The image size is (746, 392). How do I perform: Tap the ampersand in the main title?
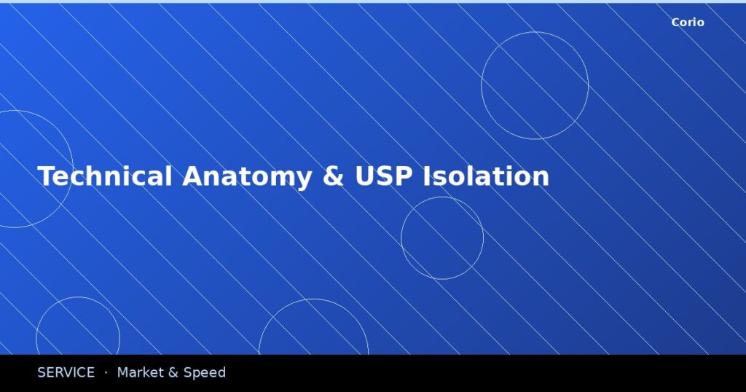[333, 177]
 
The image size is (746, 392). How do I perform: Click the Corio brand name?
[688, 23]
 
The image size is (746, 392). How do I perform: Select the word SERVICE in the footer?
[66, 373]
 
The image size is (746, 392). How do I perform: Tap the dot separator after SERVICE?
[106, 373]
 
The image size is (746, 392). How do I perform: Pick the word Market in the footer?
[141, 373]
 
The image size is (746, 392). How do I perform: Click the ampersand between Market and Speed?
[173, 373]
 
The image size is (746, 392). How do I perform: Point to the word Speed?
[204, 373]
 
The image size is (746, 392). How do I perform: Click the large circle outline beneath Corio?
[535, 33]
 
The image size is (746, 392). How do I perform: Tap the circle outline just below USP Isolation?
[442, 197]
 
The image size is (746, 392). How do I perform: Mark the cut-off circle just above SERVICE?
[78, 297]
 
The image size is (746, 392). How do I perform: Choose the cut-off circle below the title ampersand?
[313, 299]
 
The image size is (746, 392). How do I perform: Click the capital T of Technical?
[44, 177]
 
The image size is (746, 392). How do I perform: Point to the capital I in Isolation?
[426, 177]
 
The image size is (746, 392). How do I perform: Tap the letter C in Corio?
[675, 23]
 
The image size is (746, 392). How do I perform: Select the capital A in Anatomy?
[191, 177]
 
